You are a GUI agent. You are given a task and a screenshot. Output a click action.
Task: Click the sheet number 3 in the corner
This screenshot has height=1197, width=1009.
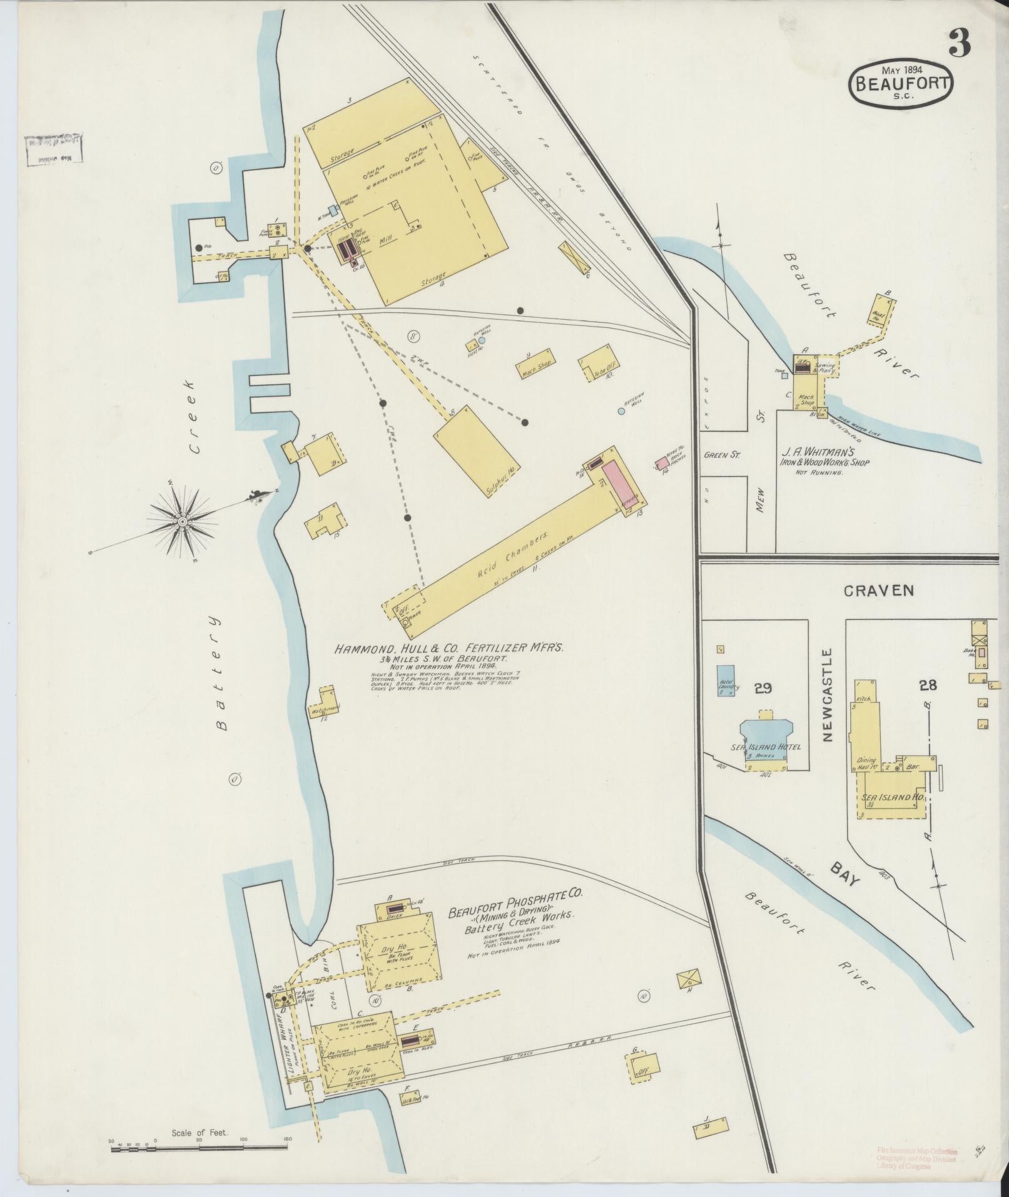959,43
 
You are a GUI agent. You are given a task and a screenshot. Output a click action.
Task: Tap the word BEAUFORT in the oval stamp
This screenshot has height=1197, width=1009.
901,83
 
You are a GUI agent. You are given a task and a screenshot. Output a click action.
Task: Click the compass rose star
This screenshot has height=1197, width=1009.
183,521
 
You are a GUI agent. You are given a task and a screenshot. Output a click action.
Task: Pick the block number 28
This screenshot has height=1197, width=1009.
928,685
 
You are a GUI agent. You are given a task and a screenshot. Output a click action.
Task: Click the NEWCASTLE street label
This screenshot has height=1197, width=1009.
829,695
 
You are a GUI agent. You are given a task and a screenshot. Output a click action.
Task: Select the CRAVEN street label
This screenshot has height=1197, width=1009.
878,590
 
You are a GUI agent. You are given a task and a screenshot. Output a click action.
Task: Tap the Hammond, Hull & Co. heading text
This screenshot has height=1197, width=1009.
449,649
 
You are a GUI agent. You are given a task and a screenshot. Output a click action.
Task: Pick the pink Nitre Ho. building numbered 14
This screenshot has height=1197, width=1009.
661,464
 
